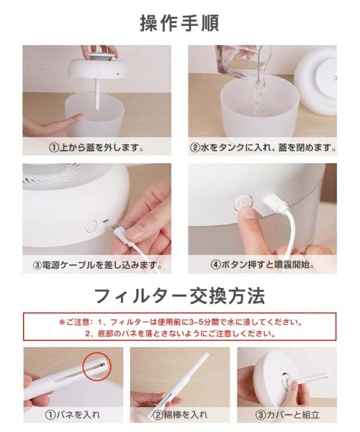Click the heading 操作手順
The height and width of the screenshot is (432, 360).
[x=179, y=23]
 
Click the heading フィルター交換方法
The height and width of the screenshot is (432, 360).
[x=179, y=296]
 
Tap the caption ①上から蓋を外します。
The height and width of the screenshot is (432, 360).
[x=97, y=148]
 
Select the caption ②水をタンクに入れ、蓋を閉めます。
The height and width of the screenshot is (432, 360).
[x=263, y=148]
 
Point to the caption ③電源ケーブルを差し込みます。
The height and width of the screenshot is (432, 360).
[x=97, y=265]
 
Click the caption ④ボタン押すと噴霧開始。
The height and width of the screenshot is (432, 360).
[x=263, y=265]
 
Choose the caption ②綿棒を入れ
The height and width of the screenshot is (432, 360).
[x=180, y=415]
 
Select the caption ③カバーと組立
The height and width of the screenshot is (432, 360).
[x=287, y=415]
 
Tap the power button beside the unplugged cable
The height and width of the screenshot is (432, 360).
[x=92, y=227]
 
